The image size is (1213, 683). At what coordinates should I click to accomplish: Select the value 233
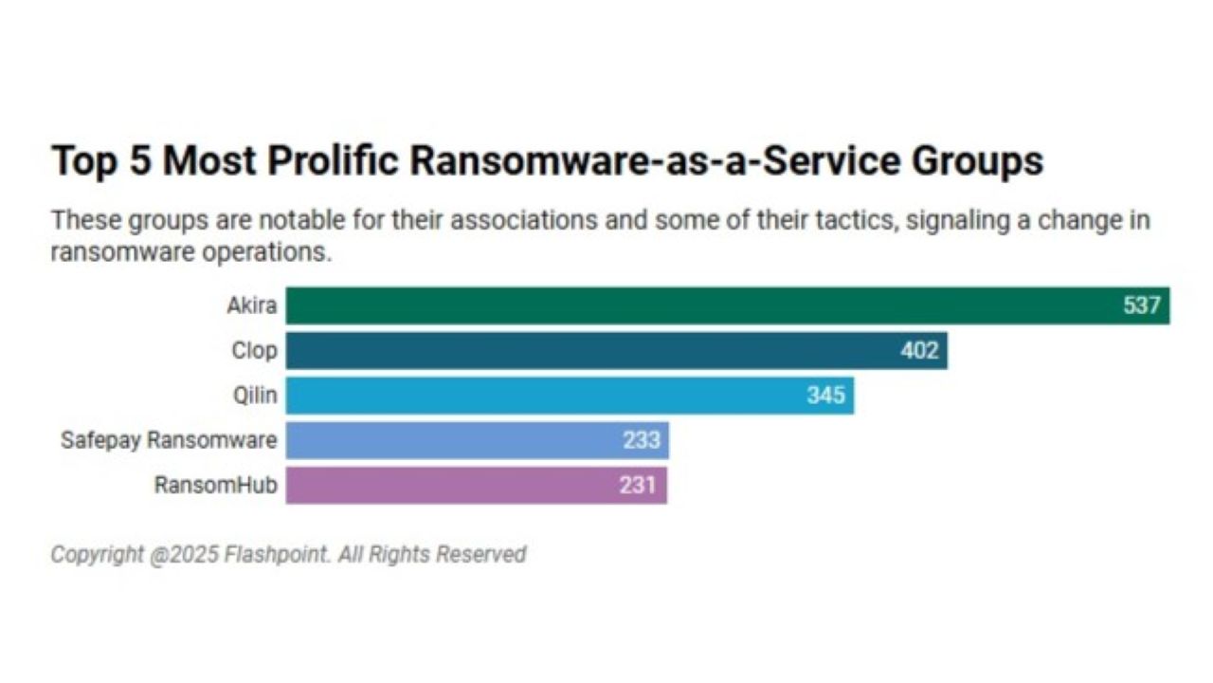(x=642, y=441)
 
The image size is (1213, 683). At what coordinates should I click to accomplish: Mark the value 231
(x=639, y=486)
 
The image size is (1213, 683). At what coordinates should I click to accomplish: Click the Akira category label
(x=252, y=306)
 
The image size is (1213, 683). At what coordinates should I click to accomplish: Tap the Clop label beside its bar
(x=254, y=351)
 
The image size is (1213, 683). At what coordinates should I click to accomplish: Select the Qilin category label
(x=255, y=396)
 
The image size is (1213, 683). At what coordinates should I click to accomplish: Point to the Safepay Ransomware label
(x=169, y=441)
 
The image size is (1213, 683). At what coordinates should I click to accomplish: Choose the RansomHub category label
(x=216, y=486)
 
